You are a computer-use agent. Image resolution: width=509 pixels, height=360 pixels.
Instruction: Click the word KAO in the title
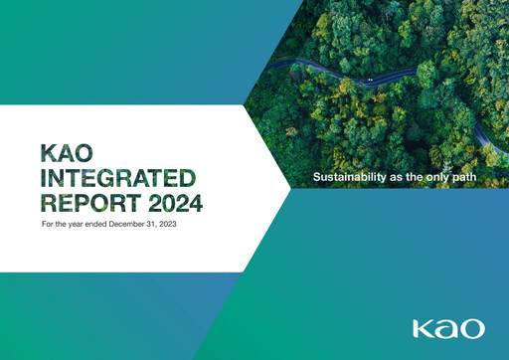(x=65, y=153)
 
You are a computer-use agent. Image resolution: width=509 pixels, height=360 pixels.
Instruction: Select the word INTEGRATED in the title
(x=116, y=179)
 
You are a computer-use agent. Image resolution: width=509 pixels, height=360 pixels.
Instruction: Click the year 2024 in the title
(x=175, y=204)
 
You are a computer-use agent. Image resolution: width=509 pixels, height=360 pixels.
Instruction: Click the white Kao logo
(x=449, y=328)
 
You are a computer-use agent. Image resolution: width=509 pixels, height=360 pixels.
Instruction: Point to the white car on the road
(x=370, y=80)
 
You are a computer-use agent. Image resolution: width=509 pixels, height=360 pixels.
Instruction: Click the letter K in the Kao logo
(x=424, y=328)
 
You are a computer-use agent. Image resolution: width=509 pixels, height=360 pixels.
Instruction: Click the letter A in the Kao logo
(x=447, y=328)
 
